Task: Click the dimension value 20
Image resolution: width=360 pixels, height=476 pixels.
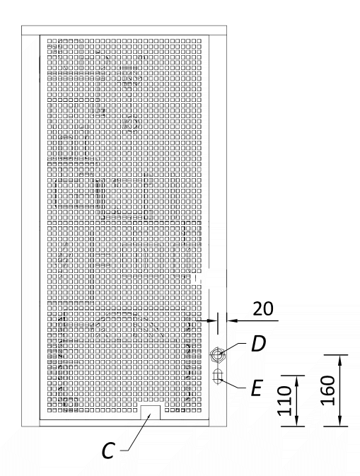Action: (263, 309)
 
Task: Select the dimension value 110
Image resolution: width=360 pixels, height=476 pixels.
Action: (285, 401)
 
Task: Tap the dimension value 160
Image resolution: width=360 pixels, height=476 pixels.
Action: (328, 390)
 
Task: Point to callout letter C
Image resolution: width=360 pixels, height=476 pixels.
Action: (108, 451)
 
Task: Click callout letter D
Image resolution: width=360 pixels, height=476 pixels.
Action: (258, 344)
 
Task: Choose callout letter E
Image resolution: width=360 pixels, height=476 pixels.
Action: (257, 388)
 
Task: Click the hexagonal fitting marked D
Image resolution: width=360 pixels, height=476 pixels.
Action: (217, 354)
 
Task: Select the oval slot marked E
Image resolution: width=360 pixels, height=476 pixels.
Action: (217, 376)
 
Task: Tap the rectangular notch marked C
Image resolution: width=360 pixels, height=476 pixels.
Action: (150, 412)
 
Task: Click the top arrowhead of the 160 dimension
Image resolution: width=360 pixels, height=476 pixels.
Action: (339, 360)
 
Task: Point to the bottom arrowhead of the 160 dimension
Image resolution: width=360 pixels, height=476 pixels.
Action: (339, 421)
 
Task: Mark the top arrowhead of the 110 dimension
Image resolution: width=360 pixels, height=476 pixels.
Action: (296, 381)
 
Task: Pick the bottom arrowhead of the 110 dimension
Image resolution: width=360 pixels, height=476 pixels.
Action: (296, 421)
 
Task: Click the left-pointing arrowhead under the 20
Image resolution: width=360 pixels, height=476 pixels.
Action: (232, 320)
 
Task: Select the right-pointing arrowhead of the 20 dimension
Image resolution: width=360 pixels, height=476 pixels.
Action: (212, 320)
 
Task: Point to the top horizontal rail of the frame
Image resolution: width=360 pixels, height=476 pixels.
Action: (124, 30)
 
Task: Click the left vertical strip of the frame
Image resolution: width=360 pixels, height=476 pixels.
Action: (30, 231)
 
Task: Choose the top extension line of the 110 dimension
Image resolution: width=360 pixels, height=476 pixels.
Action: (293, 376)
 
